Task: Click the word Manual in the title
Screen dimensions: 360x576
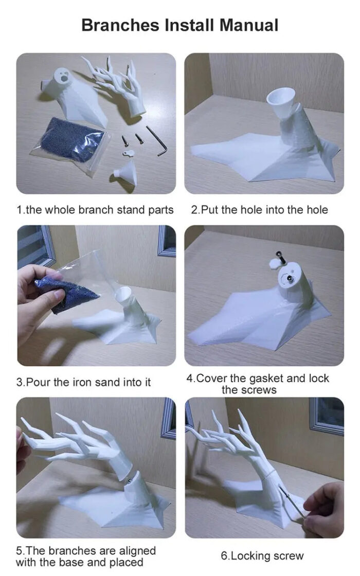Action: (x=249, y=25)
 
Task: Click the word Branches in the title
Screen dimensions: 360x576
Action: (x=120, y=25)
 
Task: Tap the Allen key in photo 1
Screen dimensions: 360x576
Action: (x=157, y=141)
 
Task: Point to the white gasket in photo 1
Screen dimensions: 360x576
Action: (x=129, y=153)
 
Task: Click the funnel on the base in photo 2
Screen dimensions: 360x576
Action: (x=279, y=100)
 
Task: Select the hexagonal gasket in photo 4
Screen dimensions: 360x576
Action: (x=275, y=264)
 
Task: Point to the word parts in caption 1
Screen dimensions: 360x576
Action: (x=160, y=210)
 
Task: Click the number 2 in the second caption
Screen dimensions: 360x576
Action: (x=194, y=210)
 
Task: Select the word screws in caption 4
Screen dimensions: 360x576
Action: (x=249, y=390)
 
